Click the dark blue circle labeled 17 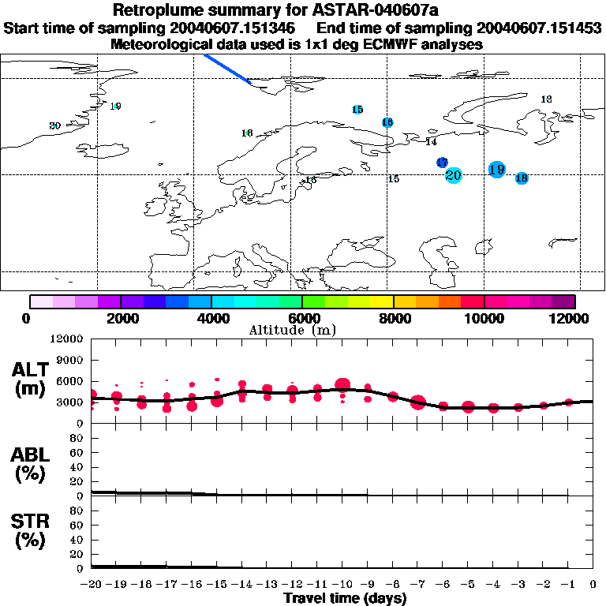[x=442, y=163]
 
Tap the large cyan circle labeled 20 [x=453, y=175]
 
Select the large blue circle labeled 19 [x=496, y=169]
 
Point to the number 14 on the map [x=431, y=142]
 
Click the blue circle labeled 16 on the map [x=387, y=122]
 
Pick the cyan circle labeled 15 [x=357, y=110]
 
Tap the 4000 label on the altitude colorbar [x=211, y=319]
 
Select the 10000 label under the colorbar [x=484, y=319]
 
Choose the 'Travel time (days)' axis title [x=345, y=598]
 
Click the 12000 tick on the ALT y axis [x=67, y=339]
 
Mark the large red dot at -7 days [x=418, y=403]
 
